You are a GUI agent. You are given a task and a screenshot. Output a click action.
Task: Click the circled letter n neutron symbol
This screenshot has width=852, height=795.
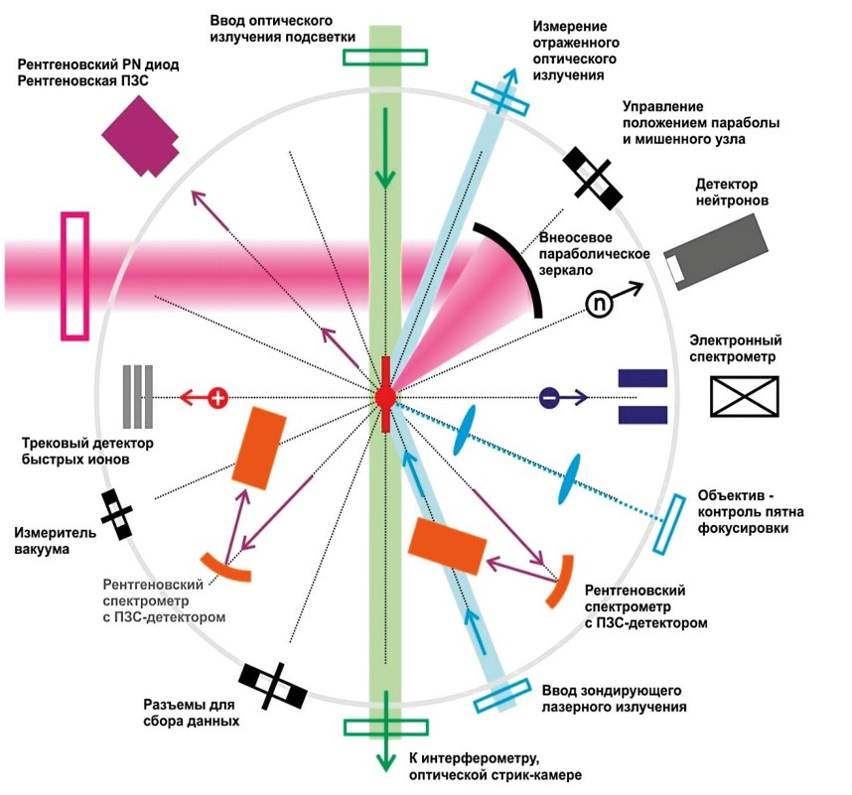tap(599, 304)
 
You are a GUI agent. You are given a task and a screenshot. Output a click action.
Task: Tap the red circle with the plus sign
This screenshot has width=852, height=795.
tap(217, 397)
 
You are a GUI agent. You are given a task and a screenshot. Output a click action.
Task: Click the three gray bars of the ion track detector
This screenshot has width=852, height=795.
tap(137, 397)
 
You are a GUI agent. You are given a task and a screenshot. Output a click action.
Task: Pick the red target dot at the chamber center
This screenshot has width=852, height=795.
tap(385, 397)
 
